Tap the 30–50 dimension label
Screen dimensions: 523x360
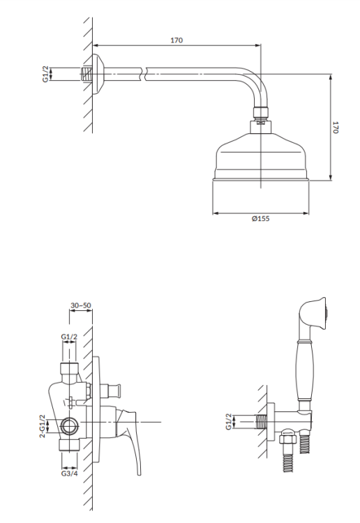[81, 305]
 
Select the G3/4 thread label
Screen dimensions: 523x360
[70, 473]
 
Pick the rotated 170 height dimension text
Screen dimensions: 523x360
[336, 128]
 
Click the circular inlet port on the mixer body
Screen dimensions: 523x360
[70, 423]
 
